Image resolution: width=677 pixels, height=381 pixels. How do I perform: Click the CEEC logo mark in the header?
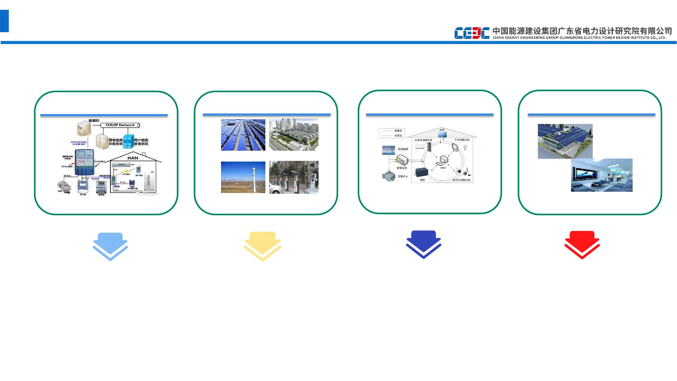click(x=472, y=33)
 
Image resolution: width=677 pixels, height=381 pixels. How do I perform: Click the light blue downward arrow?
click(x=110, y=246)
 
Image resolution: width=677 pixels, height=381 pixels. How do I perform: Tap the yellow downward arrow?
click(x=262, y=246)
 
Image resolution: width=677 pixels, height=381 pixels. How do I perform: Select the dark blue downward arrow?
click(x=423, y=244)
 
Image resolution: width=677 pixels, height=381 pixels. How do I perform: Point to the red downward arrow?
click(x=582, y=245)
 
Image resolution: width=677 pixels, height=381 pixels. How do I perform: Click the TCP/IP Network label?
click(x=120, y=125)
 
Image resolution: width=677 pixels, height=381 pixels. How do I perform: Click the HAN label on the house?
click(x=132, y=158)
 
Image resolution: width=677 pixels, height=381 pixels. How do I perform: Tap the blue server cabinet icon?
click(x=128, y=142)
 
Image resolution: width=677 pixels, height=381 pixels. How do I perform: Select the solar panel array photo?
click(x=243, y=135)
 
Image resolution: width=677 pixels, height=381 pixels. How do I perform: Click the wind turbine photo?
click(x=243, y=177)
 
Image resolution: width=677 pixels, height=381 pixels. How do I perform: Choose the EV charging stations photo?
click(x=293, y=177)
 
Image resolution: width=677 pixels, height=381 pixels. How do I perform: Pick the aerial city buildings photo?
click(x=293, y=134)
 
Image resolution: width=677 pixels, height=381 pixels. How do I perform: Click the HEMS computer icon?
click(x=444, y=160)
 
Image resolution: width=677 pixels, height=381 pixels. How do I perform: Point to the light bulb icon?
click(x=465, y=148)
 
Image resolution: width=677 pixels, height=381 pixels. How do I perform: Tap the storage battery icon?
click(x=421, y=172)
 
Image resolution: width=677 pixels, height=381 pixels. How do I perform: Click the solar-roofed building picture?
click(x=565, y=141)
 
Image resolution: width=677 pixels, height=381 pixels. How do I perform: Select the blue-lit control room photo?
click(x=602, y=175)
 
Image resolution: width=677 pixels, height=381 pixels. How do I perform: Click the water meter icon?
click(x=63, y=186)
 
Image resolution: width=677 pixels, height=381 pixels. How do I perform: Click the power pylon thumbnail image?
click(x=388, y=150)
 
